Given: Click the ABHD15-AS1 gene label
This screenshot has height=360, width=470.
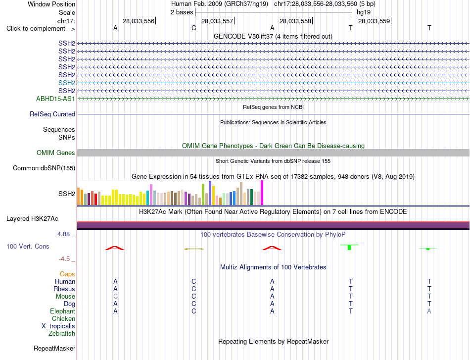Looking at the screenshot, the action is (x=55, y=99).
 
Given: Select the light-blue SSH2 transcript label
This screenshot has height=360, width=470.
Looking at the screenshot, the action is (x=67, y=83).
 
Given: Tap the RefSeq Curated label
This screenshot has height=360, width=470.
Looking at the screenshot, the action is (x=52, y=114).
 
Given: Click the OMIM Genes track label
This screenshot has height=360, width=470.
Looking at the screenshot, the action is (x=56, y=153).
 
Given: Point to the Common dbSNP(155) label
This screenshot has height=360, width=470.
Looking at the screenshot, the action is (x=44, y=168).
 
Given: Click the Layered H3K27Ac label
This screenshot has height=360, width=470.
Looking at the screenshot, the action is (x=32, y=219).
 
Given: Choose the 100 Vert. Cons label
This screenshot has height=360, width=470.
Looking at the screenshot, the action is (x=28, y=246).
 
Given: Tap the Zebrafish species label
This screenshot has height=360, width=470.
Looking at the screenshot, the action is (x=62, y=333).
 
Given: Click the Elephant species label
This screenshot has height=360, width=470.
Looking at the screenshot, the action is (x=63, y=311).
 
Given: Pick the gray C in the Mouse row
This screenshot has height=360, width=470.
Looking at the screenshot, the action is (x=115, y=297).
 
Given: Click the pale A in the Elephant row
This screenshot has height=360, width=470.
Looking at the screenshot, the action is (x=429, y=311).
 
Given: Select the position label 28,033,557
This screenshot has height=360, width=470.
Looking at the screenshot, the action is (x=217, y=21).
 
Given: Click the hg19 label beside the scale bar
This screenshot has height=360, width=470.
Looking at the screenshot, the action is (x=364, y=12).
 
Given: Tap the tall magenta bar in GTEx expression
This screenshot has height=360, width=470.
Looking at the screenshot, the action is (x=262, y=193).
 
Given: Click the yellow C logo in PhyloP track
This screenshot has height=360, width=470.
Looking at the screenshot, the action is (x=194, y=249).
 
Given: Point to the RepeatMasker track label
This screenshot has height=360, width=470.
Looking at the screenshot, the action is (x=54, y=348).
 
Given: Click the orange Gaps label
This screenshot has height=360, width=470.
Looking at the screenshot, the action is (x=67, y=274).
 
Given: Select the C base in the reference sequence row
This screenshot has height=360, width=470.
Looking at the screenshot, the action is (x=193, y=28).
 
